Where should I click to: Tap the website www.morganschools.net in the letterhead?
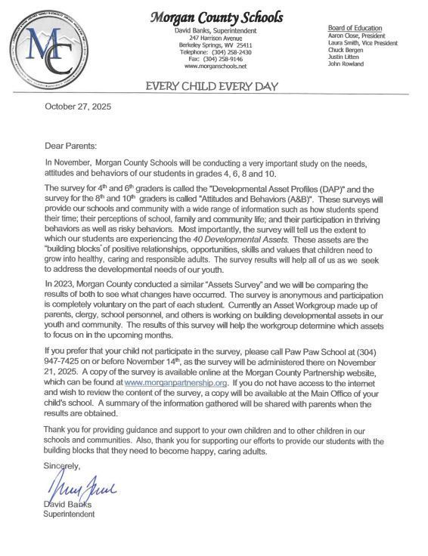[x=216, y=66]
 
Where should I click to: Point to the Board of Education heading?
[x=355, y=28]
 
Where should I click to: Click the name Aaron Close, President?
[x=357, y=36]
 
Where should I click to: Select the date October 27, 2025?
[x=78, y=107]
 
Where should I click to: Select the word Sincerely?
[x=62, y=466]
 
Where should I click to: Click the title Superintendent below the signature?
[x=69, y=514]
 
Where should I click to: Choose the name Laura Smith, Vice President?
[x=362, y=43]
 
